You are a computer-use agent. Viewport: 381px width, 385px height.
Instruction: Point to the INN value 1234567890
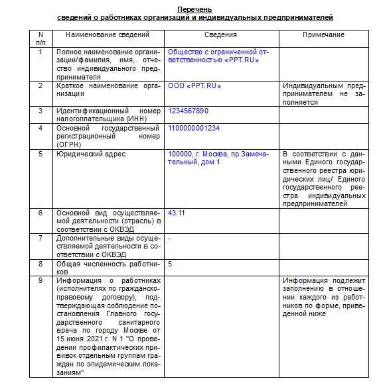pyautogui.click(x=189, y=111)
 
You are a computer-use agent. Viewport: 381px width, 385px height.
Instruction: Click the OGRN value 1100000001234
pyautogui.click(x=194, y=128)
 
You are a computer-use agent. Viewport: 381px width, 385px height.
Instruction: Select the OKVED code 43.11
pyautogui.click(x=177, y=213)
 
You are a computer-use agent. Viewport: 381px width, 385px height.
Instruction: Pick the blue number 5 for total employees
pyautogui.click(x=171, y=264)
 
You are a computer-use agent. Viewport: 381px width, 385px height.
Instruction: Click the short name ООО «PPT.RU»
pyautogui.click(x=194, y=85)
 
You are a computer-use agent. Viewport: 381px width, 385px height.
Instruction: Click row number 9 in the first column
pyautogui.click(x=41, y=280)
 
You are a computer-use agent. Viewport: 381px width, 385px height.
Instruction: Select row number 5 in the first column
pyautogui.click(x=41, y=154)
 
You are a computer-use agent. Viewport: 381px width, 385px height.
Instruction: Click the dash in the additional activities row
pyautogui.click(x=170, y=238)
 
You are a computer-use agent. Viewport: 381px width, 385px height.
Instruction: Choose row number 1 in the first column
pyautogui.click(x=41, y=51)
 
